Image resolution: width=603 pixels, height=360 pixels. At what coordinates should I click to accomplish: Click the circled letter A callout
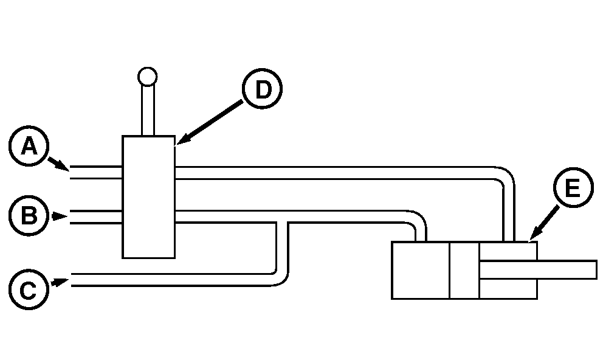(x=29, y=146)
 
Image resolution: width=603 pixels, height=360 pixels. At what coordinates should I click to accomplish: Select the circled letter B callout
(x=29, y=215)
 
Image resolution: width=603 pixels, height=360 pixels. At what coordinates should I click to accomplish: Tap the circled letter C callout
(x=29, y=289)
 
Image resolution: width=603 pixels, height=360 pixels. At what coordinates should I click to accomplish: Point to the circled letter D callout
(x=262, y=89)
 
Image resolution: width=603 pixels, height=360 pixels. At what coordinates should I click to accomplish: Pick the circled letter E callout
(x=573, y=188)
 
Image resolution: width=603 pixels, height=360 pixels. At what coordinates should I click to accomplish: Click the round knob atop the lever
(x=147, y=77)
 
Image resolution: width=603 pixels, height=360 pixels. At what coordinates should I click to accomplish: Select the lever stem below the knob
(x=148, y=111)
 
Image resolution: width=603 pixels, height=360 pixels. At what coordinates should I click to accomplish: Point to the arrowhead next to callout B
(x=60, y=216)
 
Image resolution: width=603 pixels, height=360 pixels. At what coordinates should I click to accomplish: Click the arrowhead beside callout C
(x=60, y=283)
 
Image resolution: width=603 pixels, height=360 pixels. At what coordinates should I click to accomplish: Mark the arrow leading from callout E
(x=544, y=223)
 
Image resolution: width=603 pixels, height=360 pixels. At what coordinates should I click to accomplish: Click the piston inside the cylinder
(x=464, y=271)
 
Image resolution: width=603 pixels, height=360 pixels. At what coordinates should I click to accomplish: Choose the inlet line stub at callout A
(x=96, y=173)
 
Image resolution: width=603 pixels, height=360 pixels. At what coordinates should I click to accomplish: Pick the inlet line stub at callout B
(x=96, y=217)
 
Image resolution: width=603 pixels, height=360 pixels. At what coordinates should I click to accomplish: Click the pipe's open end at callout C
(x=72, y=280)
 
